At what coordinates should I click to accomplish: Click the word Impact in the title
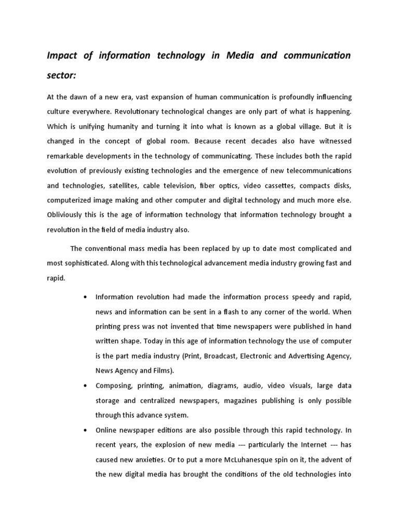62,56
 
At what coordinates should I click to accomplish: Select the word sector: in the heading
61,76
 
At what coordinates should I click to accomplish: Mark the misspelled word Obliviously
68,215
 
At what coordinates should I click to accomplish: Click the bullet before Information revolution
84,297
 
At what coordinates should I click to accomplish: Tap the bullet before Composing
84,386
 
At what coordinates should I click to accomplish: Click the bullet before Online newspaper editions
84,430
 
